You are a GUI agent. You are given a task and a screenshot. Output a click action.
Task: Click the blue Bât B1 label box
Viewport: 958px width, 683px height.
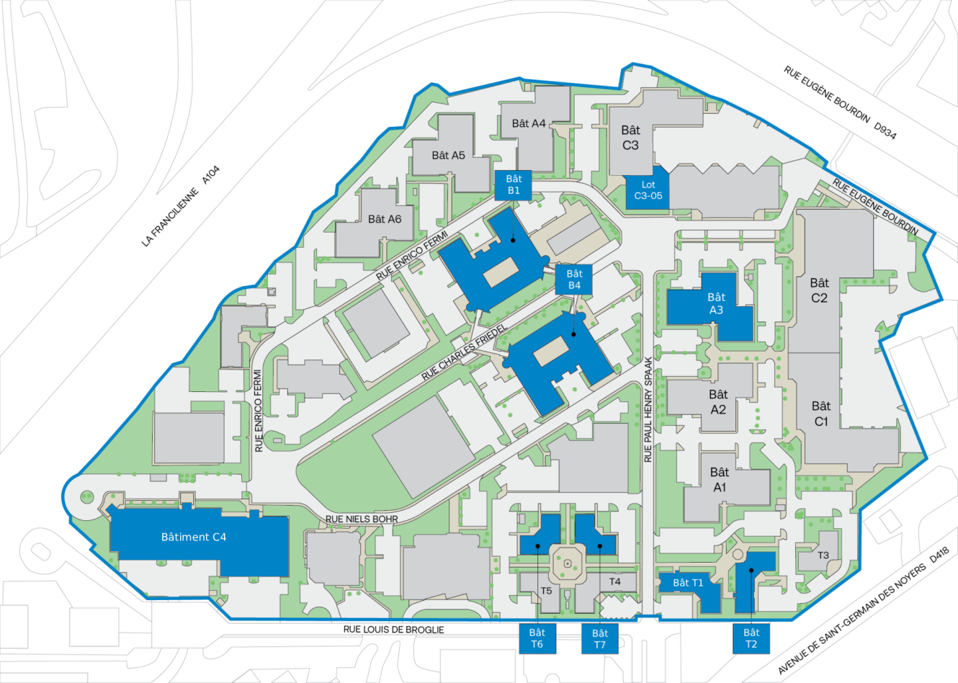pos(514,184)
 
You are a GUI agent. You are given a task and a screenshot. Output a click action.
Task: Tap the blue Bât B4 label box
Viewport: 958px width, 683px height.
pos(574,279)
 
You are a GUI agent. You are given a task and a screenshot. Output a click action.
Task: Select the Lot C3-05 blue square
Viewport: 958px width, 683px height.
pos(648,190)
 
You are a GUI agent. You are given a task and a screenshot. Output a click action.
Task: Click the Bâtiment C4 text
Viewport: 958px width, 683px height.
pos(194,537)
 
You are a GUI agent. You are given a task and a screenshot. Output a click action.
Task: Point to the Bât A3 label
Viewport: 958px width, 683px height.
pos(716,303)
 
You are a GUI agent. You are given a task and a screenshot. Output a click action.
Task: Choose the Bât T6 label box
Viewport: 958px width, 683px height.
pos(537,638)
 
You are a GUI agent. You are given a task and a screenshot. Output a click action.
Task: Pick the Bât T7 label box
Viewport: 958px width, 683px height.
pos(599,638)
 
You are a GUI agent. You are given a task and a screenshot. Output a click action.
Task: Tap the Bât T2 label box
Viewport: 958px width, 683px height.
pos(751,638)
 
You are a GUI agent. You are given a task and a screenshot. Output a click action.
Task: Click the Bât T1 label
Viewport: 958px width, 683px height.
pos(688,582)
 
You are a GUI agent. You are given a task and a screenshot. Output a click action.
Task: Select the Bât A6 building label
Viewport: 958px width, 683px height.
pos(385,219)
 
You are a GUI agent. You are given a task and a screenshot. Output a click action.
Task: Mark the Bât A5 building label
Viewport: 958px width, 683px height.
pos(448,155)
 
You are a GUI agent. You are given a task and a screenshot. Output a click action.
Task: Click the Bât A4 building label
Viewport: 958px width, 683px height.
pos(529,123)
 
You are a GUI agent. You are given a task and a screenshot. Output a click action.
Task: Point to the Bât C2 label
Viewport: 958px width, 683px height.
pos(819,290)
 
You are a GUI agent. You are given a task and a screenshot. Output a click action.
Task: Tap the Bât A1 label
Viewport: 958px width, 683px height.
pos(720,479)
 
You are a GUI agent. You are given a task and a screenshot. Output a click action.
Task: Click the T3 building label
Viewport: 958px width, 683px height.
pos(823,555)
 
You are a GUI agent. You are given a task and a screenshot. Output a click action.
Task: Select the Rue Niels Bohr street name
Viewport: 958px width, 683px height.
pos(362,519)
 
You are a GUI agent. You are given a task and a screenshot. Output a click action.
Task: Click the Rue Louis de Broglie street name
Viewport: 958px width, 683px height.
pos(393,629)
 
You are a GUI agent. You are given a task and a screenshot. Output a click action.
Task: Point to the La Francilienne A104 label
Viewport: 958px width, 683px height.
pos(180,207)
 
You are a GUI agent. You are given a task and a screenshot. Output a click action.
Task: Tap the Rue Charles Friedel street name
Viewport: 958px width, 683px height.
pos(465,351)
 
